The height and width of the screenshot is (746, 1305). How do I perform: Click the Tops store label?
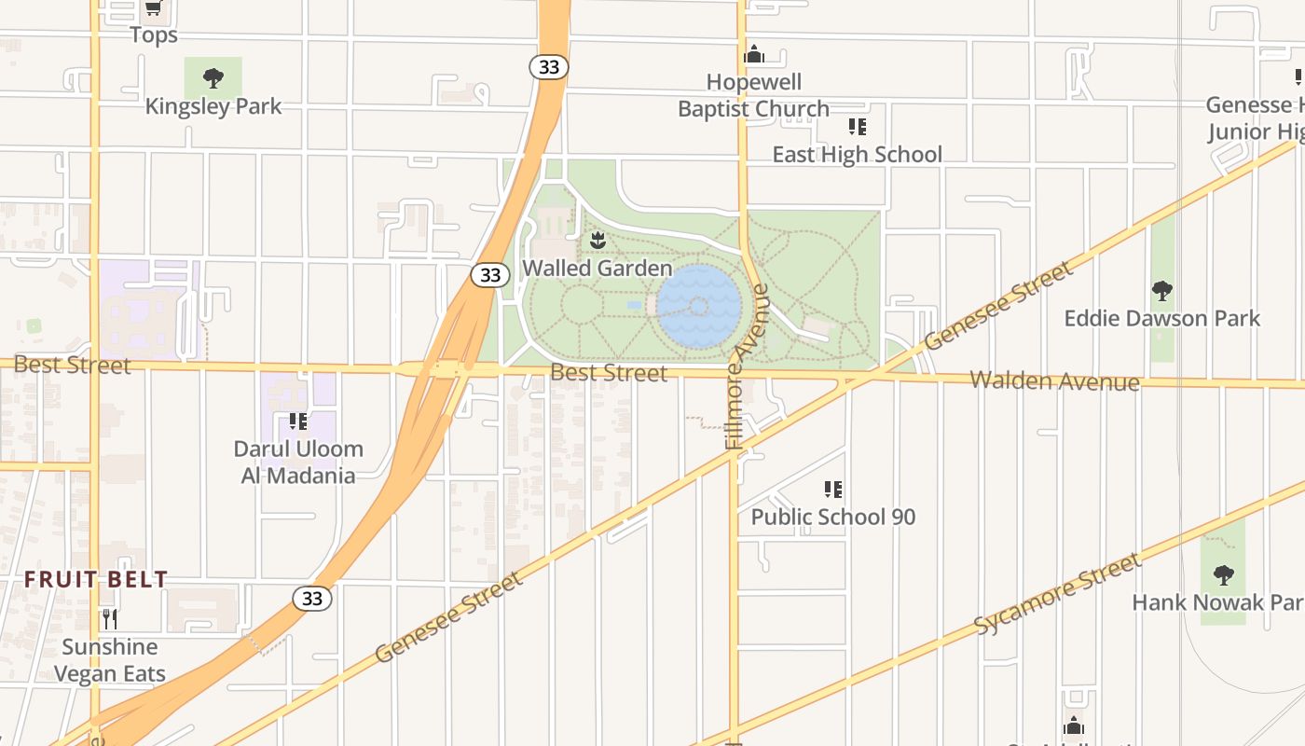point(154,35)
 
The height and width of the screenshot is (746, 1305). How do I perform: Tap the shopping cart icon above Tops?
point(154,8)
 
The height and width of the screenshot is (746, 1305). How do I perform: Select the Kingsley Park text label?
point(213,106)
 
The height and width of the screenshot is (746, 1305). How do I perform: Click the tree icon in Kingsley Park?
point(213,78)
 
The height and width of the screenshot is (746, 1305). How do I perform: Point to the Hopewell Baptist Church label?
point(753,95)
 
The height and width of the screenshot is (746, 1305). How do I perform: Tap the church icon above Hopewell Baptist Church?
point(754,54)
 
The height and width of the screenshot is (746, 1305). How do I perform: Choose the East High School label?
point(857,154)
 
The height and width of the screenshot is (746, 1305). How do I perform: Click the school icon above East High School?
point(858,127)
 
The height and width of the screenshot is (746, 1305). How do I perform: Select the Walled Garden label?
point(597,268)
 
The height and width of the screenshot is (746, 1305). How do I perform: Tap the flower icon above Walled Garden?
point(598,241)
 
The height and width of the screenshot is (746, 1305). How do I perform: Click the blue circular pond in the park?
point(699,307)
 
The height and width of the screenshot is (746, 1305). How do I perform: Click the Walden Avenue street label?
point(1054,380)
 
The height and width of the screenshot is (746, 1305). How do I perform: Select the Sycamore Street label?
point(1057,595)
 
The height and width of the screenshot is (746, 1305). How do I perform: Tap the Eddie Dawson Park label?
point(1161,318)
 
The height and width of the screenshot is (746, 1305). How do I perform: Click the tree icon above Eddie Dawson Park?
point(1161,291)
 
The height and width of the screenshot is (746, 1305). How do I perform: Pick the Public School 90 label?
point(833,517)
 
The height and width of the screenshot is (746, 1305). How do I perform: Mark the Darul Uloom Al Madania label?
point(298,462)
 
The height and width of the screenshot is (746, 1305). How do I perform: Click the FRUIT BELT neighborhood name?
point(96,579)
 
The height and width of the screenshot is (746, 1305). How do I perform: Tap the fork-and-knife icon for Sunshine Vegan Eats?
point(110,618)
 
